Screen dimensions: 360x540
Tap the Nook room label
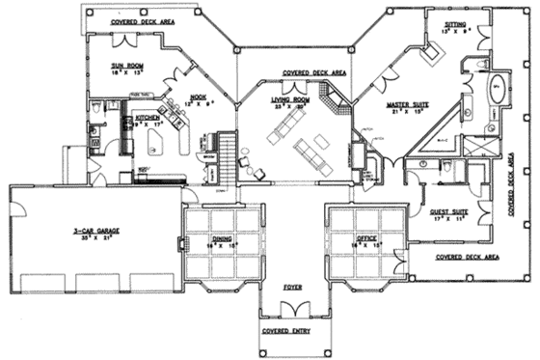[x=200, y=97]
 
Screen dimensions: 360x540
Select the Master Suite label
[x=408, y=103]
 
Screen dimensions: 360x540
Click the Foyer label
[x=292, y=287]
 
